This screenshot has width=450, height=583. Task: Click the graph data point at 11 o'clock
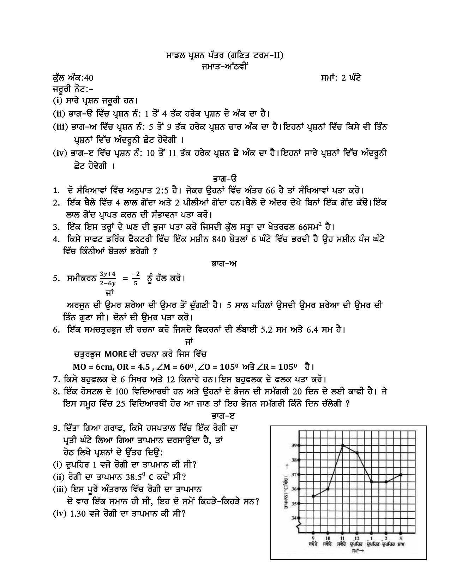pyautogui.click(x=342, y=446)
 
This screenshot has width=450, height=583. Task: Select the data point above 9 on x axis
pyautogui.click(x=313, y=496)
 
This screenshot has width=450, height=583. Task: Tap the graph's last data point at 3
pyautogui.click(x=400, y=475)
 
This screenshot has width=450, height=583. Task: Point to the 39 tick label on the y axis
pyautogui.click(x=294, y=446)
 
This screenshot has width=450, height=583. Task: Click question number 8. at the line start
pyautogui.click(x=57, y=391)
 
